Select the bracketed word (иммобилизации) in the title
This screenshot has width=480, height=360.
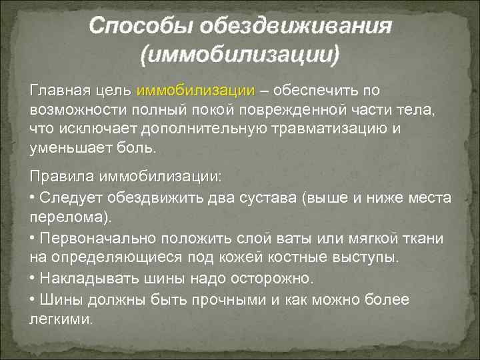point(239,53)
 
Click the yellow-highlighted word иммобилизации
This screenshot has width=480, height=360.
point(195,90)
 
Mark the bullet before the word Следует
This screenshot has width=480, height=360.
point(33,198)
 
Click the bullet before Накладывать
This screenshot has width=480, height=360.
point(33,277)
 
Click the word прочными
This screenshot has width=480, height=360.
point(229,299)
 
